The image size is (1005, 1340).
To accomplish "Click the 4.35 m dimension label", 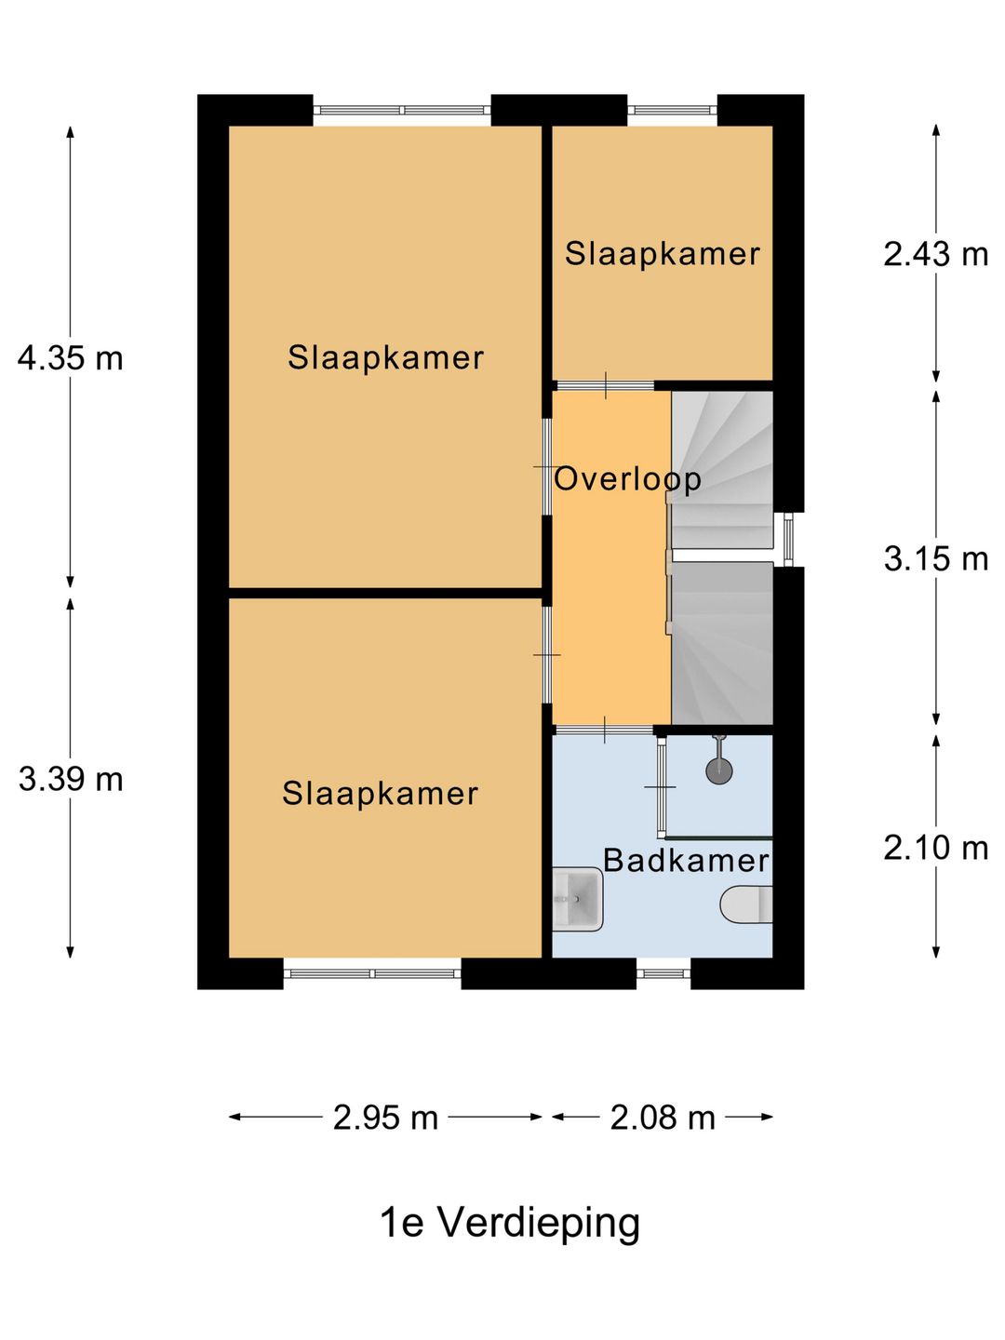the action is coord(70,358).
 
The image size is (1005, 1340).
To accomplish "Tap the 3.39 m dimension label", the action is coord(71,780).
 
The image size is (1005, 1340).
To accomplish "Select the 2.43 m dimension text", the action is coord(935,254).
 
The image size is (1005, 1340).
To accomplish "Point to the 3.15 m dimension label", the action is coord(935,558).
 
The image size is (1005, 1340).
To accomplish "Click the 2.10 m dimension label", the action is coord(935,848).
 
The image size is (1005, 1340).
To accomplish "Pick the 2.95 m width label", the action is coord(385,1119).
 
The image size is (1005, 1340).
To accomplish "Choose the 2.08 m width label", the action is coord(663,1119).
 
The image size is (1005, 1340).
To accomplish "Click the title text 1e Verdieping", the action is coord(510,1224).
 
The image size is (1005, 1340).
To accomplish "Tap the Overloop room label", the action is coord(627,479).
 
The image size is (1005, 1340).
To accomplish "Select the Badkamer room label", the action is coord(686,861).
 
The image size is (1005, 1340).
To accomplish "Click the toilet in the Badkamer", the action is coord(746,904).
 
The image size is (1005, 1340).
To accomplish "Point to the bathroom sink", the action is coord(577,899).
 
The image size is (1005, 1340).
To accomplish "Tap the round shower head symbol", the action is coord(718,770).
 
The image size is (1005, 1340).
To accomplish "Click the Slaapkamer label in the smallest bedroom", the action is coord(662,254).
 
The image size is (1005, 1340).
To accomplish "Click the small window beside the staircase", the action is coord(788,540).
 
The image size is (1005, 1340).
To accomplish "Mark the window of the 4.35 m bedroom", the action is coord(402,111).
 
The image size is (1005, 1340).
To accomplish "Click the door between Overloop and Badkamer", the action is coord(604,730).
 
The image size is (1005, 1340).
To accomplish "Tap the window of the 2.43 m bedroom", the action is coord(672,111).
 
